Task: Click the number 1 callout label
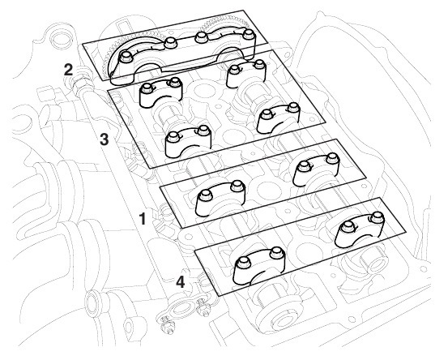pos(142,219)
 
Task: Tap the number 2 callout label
pos(69,70)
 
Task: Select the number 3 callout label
pos(105,139)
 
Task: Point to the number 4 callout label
pos(181,281)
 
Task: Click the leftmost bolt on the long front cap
pos(126,56)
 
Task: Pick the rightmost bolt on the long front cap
pos(248,33)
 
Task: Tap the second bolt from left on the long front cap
pos(171,43)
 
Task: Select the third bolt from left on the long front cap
pos(201,36)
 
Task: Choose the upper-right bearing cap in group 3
pos(246,74)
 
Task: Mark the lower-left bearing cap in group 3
pos(188,141)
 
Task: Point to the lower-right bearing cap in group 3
pos(279,118)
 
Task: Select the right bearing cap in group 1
pos(317,169)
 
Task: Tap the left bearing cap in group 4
pos(259,266)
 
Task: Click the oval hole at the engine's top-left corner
pos(60,40)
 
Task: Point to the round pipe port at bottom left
pos(95,304)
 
